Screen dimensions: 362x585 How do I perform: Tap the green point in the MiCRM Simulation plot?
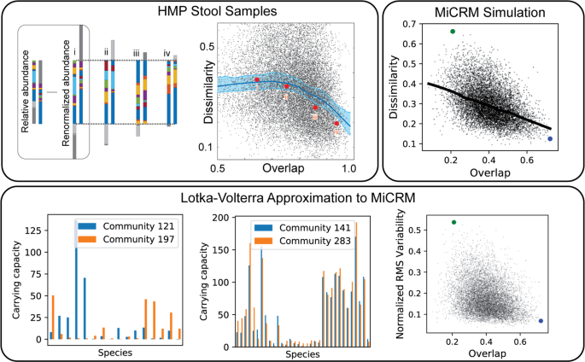click(452, 32)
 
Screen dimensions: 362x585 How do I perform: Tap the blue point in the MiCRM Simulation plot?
click(550, 138)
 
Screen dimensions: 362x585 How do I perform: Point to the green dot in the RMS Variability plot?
click(453, 222)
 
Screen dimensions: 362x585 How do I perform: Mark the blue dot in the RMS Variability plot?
click(541, 321)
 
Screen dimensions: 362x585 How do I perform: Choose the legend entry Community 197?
click(136, 240)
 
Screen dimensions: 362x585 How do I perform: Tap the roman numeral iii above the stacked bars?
click(136, 53)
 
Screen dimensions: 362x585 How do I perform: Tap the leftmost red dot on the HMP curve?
click(256, 79)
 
